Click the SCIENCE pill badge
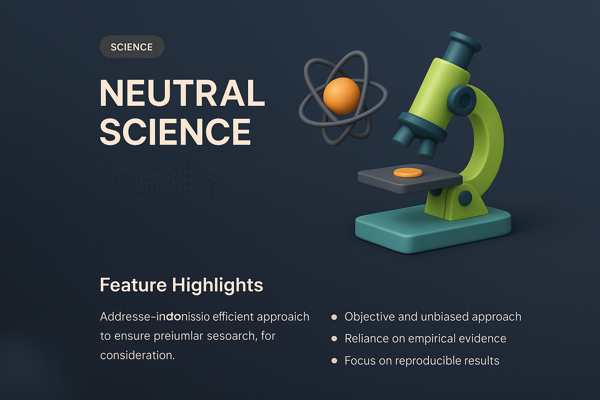click(132, 47)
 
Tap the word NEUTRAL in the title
click(182, 93)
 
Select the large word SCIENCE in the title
click(175, 132)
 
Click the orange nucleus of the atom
click(342, 96)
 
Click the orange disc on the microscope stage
click(408, 173)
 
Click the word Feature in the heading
click(133, 285)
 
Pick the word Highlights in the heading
click(218, 285)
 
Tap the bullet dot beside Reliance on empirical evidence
click(334, 339)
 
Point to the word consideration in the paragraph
click(137, 355)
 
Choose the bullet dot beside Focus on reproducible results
click(334, 361)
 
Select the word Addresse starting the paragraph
click(125, 317)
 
